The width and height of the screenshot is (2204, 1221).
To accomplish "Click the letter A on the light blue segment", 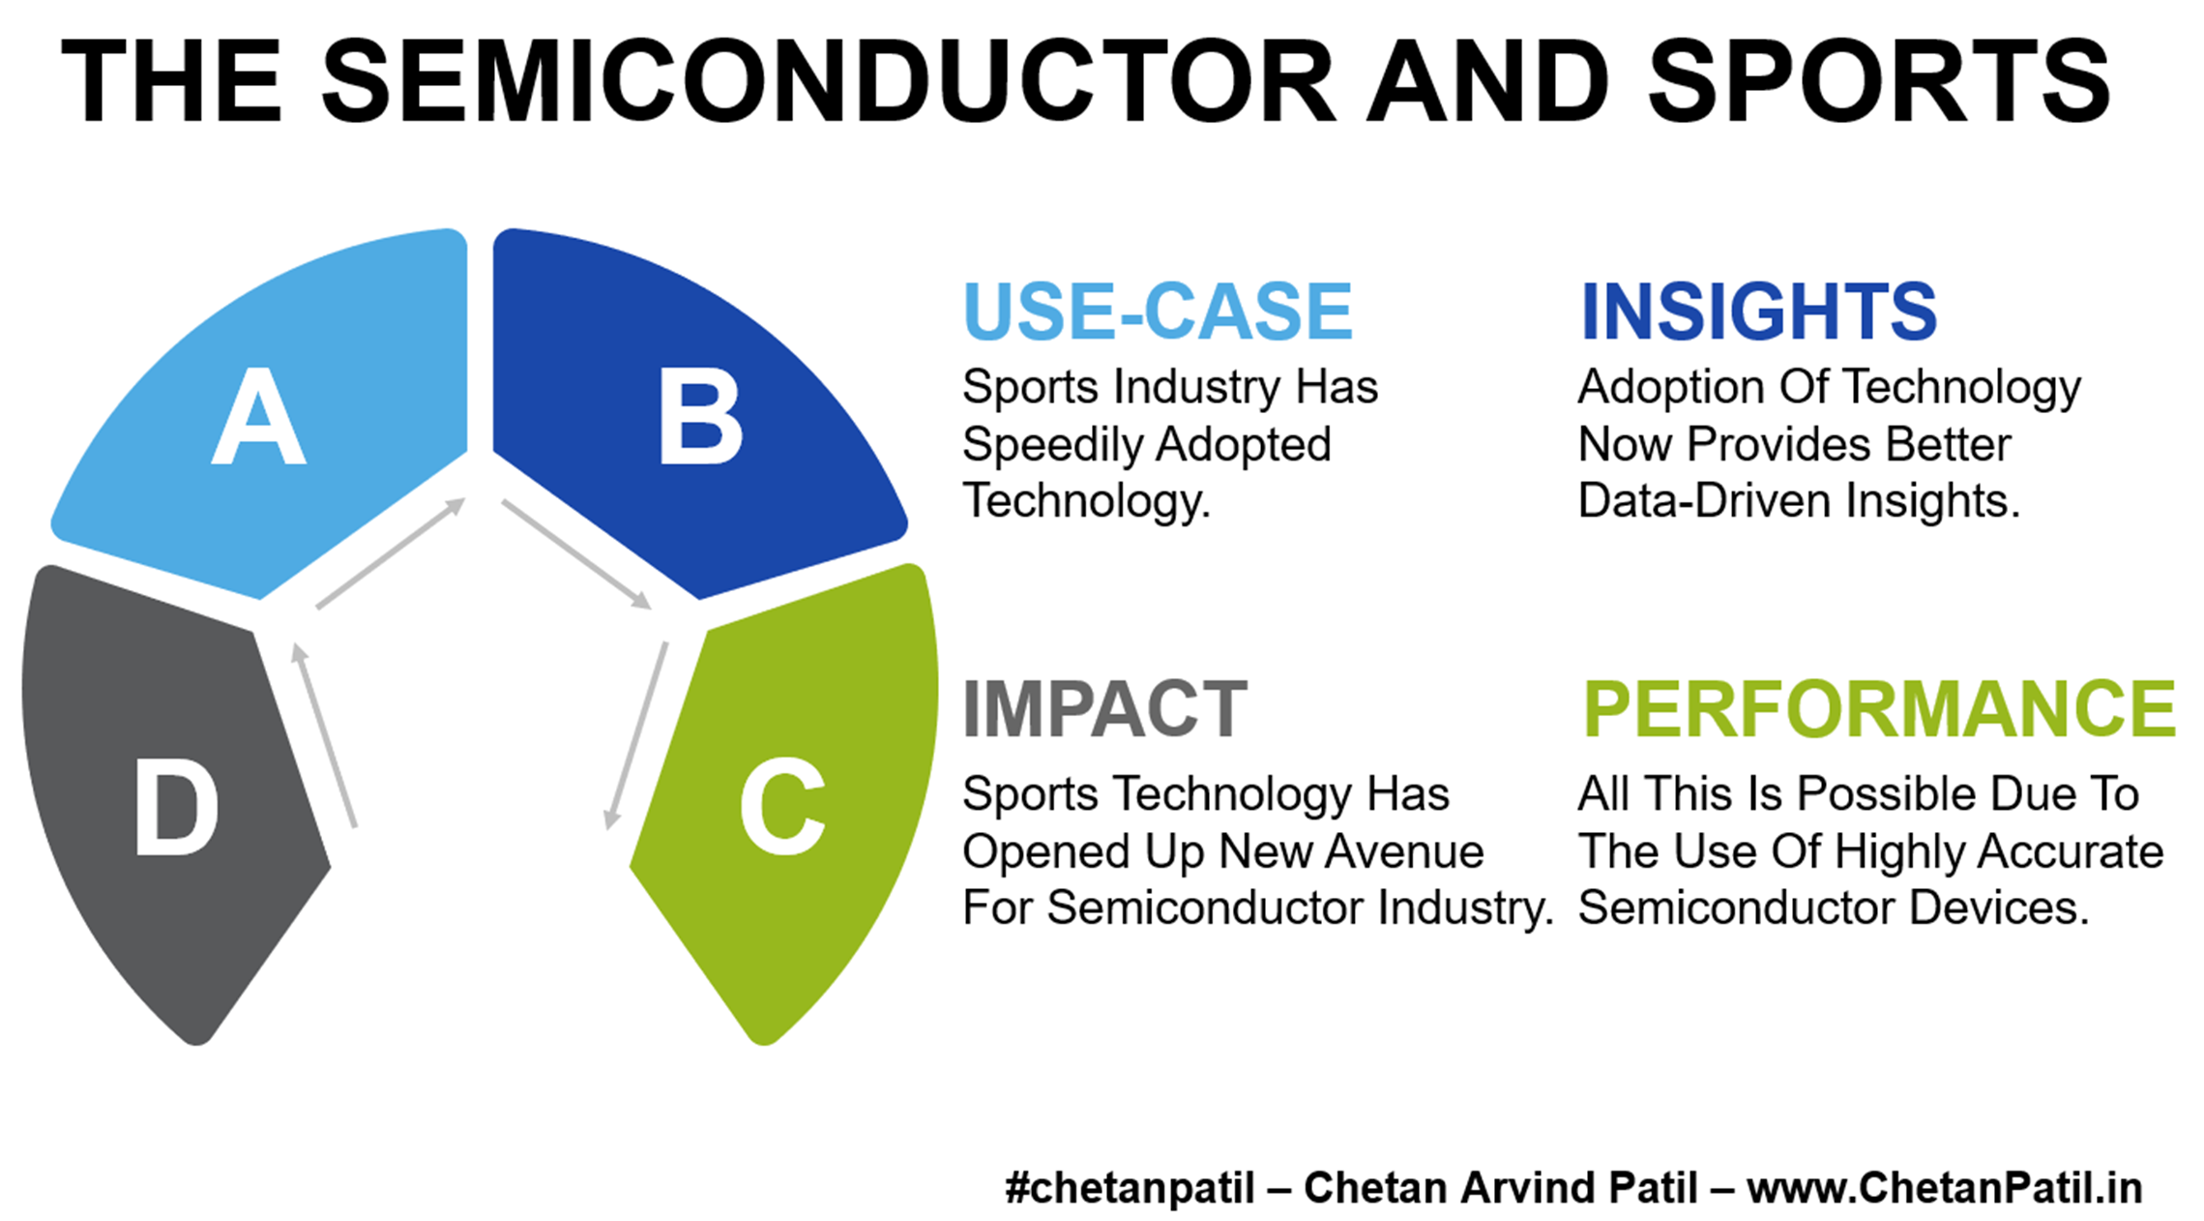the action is click(258, 417).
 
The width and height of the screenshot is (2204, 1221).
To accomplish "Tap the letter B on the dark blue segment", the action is click(700, 417).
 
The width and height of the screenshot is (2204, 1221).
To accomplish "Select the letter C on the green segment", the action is click(782, 805).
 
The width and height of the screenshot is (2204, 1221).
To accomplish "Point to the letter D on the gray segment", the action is click(176, 806).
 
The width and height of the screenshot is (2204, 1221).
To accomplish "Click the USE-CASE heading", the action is click(1158, 312).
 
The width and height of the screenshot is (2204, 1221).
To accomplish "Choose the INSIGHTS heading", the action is click(1758, 312).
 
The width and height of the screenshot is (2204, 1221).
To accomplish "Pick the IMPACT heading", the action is click(1105, 709).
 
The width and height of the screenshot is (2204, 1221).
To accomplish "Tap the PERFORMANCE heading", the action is click(1879, 709).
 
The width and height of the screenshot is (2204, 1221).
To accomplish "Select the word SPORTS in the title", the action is click(1879, 81).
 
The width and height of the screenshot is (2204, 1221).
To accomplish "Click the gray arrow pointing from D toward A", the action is click(325, 735).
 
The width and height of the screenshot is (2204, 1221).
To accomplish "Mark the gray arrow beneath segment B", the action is click(576, 554).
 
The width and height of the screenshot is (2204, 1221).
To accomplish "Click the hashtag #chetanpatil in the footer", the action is click(1130, 1188).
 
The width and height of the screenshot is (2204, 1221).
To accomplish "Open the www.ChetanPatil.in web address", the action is click(1944, 1188).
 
